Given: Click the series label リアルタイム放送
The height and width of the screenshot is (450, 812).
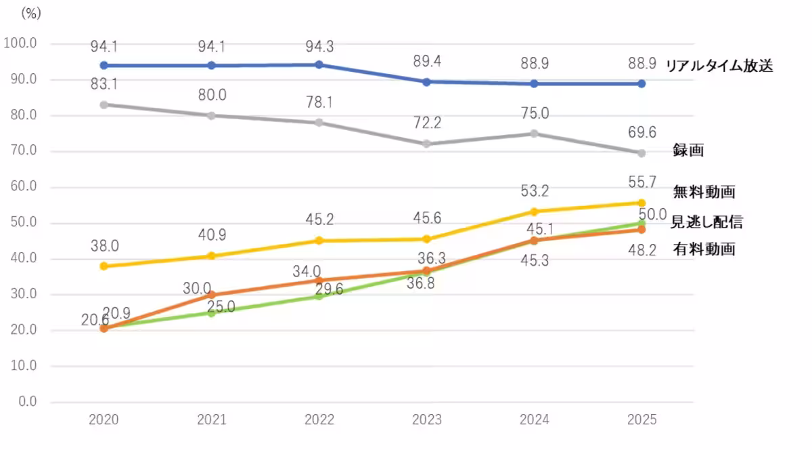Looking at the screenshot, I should click(719, 66).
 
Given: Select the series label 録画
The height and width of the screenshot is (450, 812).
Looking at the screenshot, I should click(688, 150).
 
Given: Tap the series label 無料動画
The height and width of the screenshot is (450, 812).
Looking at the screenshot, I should click(704, 192).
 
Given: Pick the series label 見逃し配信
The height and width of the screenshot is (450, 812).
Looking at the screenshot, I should click(706, 222).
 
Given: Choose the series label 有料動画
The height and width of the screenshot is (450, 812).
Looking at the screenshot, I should click(704, 249).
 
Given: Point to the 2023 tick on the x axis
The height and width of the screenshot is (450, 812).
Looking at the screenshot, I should click(427, 420).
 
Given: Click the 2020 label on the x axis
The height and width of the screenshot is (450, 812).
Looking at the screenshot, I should click(104, 420).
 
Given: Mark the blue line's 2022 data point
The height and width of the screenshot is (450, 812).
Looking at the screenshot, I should click(319, 64).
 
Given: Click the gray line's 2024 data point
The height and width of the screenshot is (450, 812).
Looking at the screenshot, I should click(535, 134).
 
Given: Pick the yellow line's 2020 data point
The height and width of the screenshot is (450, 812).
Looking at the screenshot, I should click(104, 266).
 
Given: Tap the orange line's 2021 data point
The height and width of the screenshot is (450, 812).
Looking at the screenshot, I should click(212, 295).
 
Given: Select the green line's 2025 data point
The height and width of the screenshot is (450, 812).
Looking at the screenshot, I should click(641, 223).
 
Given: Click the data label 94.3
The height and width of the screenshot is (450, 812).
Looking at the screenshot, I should click(319, 47).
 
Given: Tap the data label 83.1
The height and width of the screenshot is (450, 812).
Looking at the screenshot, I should click(104, 86).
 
